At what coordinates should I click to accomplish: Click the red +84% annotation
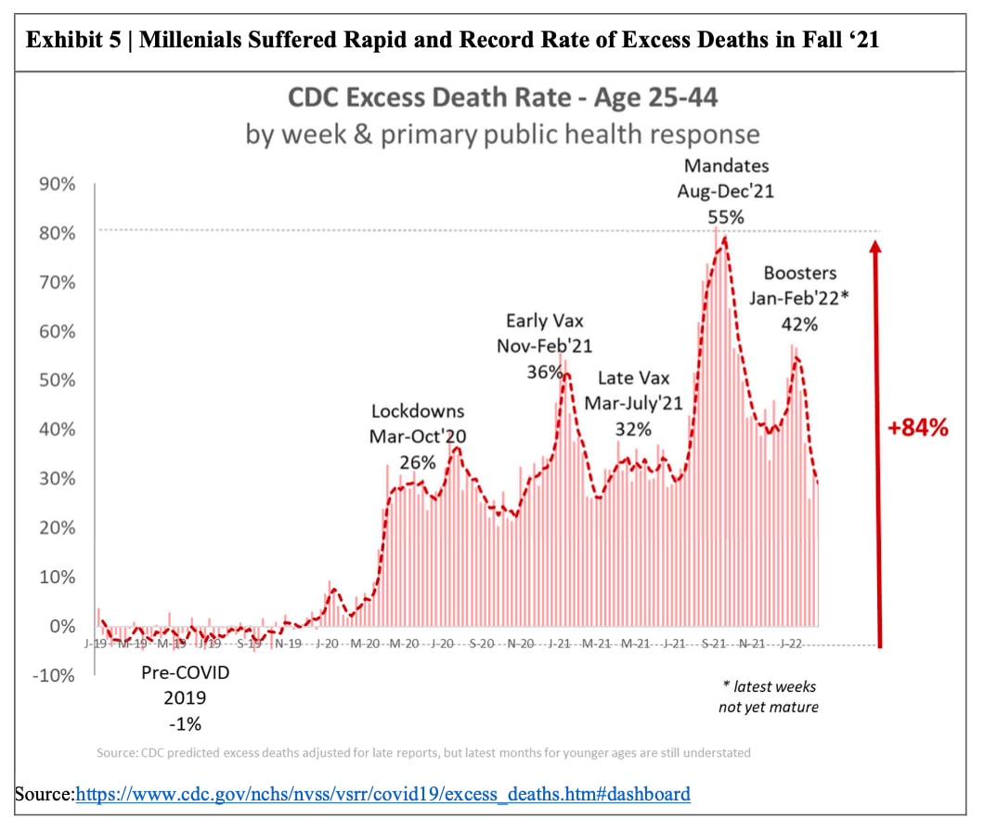(x=917, y=428)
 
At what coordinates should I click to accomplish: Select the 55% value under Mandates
(x=726, y=216)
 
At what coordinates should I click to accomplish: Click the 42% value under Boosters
(x=799, y=324)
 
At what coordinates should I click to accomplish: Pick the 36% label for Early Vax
(x=545, y=371)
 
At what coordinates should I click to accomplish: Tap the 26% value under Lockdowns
(x=418, y=461)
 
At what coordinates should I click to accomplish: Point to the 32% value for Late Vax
(x=633, y=429)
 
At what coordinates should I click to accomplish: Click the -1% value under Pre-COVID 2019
(x=184, y=723)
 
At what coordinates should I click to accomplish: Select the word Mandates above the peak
(x=727, y=166)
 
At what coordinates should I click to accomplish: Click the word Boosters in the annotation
(x=799, y=273)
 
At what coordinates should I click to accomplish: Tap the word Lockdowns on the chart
(x=418, y=410)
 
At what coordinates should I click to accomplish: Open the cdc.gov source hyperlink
(x=382, y=794)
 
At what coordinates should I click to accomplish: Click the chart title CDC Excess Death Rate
(x=502, y=97)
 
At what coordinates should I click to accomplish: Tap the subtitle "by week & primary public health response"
(x=502, y=134)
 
